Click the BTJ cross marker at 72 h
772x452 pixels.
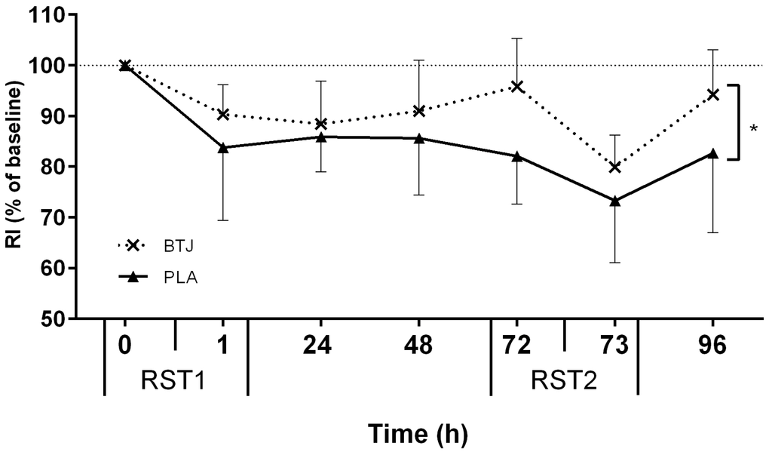coord(516,87)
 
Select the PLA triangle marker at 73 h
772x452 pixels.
coord(614,201)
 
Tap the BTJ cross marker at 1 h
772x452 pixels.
coord(222,114)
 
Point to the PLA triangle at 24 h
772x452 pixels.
coord(320,137)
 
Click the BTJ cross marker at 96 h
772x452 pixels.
coord(712,94)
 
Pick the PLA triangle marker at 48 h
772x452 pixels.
coord(418,138)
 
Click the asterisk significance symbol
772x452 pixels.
coord(753,130)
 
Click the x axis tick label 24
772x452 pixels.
coord(320,346)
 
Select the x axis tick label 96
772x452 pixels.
coord(712,346)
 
